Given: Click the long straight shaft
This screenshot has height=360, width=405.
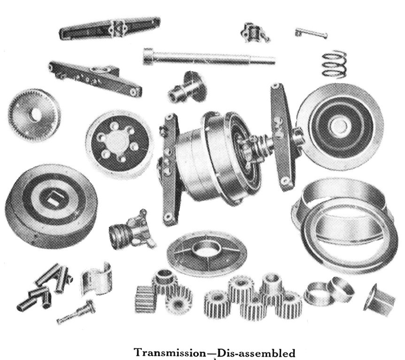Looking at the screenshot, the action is click(209, 57).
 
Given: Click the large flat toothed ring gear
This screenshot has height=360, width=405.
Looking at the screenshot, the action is click(34, 113).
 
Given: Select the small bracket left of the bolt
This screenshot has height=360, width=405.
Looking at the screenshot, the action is click(255, 32).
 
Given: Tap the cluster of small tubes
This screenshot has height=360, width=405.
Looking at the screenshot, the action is click(45, 286).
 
